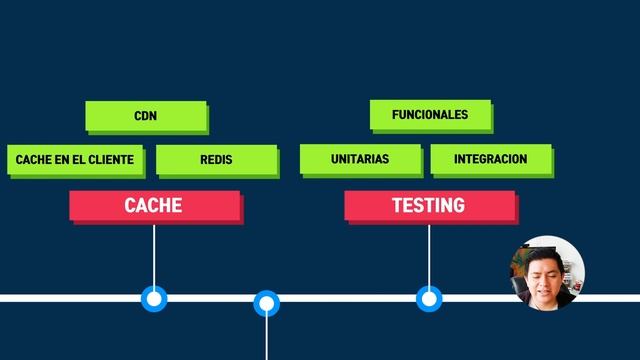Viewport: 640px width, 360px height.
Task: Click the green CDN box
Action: tap(146, 116)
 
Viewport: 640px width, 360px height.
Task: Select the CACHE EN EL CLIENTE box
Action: tap(74, 159)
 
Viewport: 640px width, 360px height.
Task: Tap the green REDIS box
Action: tap(216, 159)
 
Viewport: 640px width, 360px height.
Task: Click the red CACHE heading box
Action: tap(154, 205)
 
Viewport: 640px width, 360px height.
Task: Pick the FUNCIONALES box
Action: tap(430, 115)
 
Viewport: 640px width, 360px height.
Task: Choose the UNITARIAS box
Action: tap(360, 159)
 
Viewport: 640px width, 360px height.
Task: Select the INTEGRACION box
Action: tap(490, 159)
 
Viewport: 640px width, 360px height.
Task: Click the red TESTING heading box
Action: tap(429, 205)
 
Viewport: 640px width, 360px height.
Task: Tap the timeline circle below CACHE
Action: tap(154, 298)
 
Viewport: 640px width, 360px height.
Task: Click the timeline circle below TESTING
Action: tap(429, 298)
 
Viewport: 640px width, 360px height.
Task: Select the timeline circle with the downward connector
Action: tap(266, 302)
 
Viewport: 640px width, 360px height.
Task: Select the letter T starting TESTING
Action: tap(397, 205)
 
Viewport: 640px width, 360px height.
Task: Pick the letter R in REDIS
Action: tap(203, 159)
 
